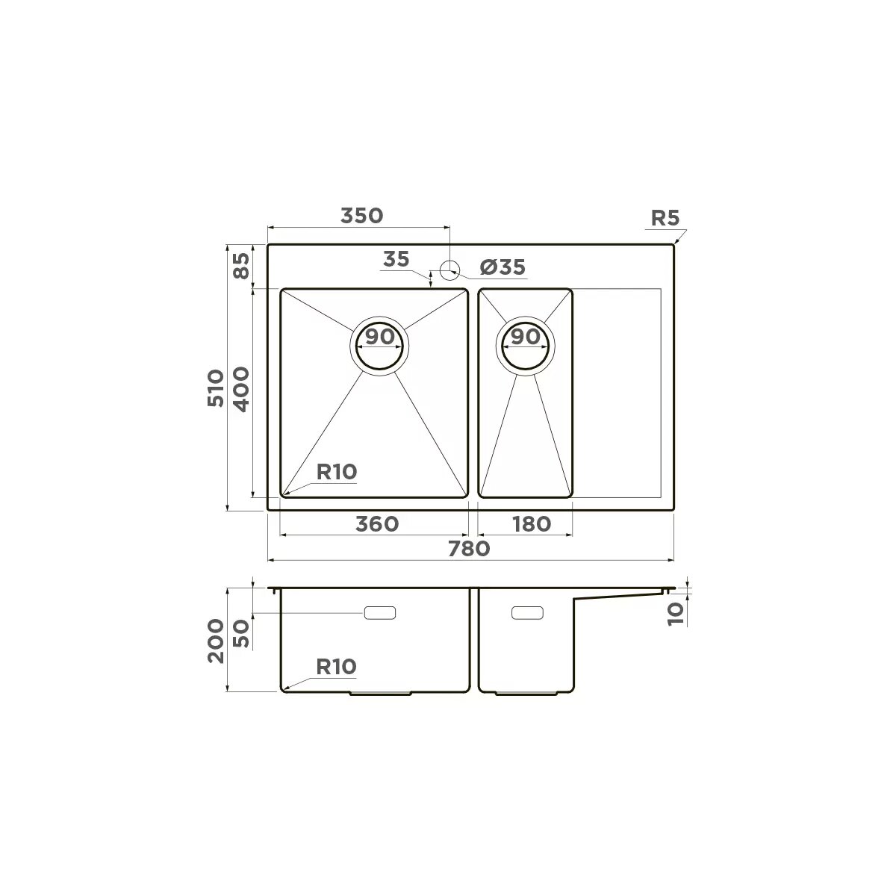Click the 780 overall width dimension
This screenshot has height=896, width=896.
pos(469,549)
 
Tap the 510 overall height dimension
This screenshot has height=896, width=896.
pos(216,389)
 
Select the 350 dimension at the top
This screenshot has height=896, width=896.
pos(361,216)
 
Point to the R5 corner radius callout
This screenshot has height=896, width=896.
pos(665,217)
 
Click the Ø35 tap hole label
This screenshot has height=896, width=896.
pos(503,267)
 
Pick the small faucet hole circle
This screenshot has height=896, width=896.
pos(449,270)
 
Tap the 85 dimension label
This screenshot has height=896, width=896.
pos(241,266)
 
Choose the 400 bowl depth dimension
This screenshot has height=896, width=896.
pos(241,390)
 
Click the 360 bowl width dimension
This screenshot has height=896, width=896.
pos(377,524)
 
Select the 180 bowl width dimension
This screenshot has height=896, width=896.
pos(532,524)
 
